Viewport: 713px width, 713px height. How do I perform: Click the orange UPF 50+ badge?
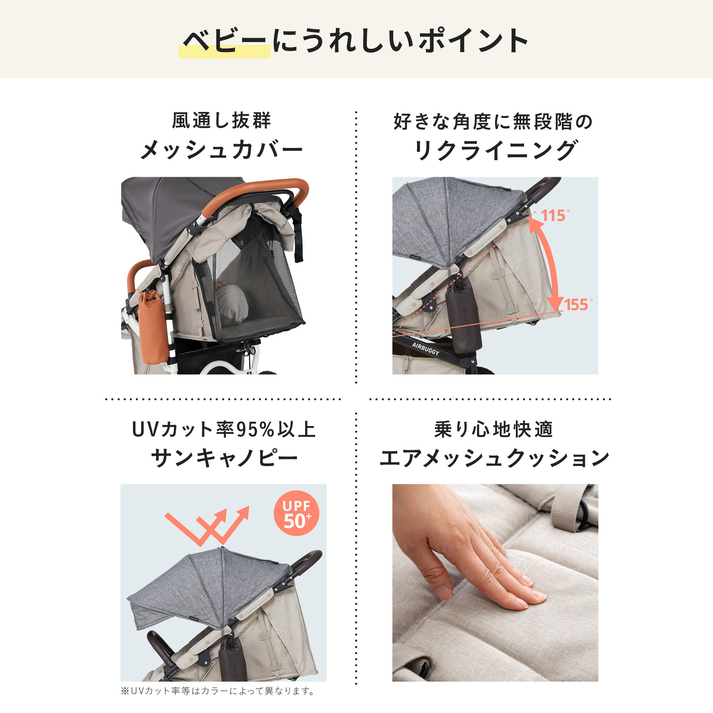[x=296, y=513]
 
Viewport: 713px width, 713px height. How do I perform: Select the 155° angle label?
[x=578, y=305]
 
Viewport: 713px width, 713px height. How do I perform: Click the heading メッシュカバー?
[x=221, y=150]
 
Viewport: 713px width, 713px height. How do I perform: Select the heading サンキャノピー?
[x=224, y=459]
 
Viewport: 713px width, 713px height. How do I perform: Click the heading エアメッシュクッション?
[x=494, y=459]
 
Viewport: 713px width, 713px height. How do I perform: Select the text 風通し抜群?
[x=221, y=121]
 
